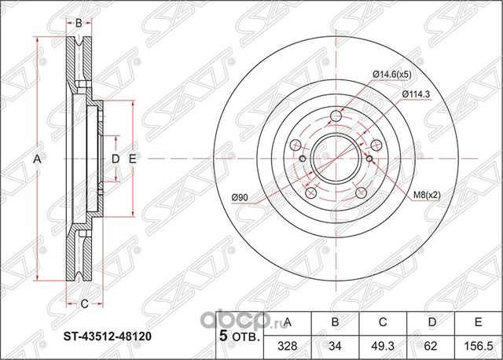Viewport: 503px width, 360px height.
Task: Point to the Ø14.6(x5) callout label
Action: [x=390, y=75]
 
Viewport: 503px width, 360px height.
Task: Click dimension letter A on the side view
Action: [x=39, y=160]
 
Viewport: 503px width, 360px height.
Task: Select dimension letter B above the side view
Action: [x=79, y=24]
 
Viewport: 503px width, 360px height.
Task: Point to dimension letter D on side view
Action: [x=115, y=160]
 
